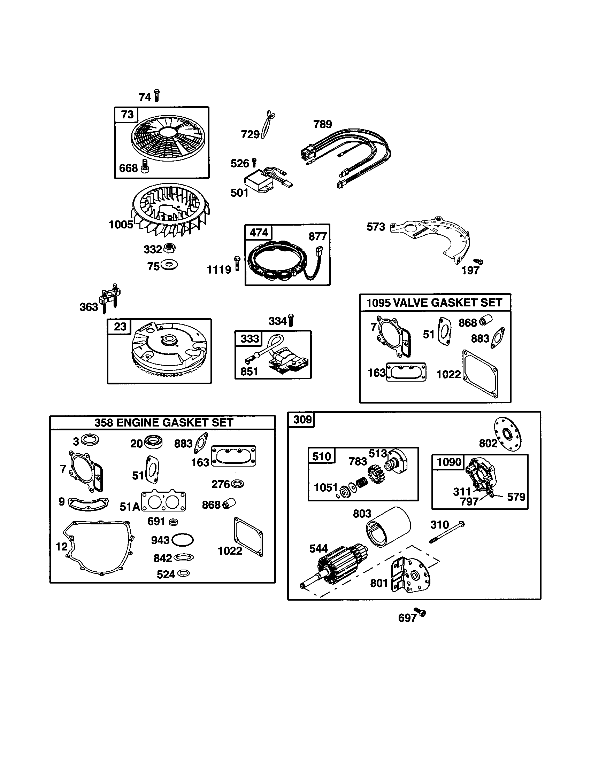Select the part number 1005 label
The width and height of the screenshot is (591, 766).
(x=121, y=225)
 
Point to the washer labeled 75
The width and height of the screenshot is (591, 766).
(x=169, y=265)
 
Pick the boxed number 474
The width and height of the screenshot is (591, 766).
(x=259, y=233)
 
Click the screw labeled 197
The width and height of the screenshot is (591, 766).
(x=478, y=261)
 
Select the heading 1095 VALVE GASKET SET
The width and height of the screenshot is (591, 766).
(x=435, y=303)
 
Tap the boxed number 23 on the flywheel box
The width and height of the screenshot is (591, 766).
(x=120, y=327)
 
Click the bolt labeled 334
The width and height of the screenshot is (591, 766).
(x=291, y=320)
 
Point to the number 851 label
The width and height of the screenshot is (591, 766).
(x=249, y=372)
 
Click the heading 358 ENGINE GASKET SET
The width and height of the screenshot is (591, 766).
(x=163, y=423)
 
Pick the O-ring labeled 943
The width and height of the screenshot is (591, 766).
(x=183, y=540)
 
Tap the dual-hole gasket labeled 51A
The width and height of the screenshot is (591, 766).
(x=163, y=502)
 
